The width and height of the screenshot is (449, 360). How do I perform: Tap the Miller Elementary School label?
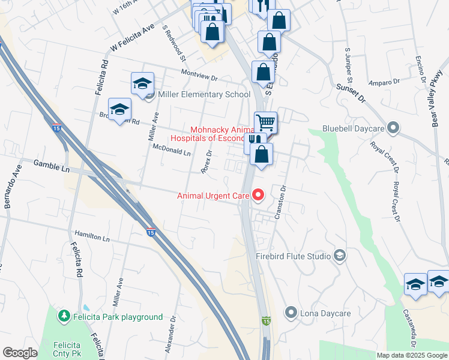point(203,95)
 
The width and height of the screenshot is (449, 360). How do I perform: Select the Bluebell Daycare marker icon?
point(393,128)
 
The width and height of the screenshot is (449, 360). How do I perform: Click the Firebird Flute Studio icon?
point(340,256)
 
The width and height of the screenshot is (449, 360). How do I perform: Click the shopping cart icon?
point(265,122)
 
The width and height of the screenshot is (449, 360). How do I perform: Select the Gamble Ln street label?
point(52,165)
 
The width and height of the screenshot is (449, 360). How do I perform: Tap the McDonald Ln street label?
point(171,150)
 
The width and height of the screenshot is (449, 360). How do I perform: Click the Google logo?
point(20,353)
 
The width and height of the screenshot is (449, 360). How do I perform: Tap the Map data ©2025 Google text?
point(412,355)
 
